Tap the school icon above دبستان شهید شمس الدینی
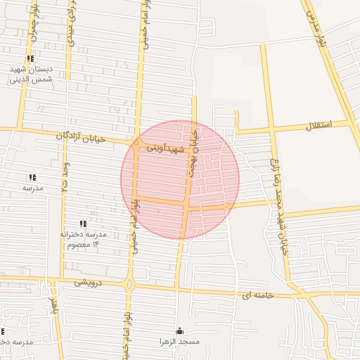coord(30,59)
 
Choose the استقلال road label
coord(320,127)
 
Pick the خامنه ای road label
coord(257,295)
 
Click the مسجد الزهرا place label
coord(179,341)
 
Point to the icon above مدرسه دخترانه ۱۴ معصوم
coord(84,224)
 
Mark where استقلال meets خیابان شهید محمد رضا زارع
coord(271,129)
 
